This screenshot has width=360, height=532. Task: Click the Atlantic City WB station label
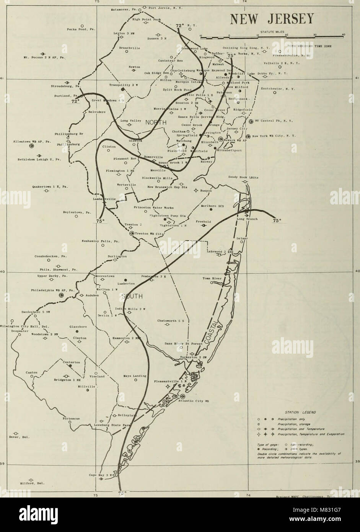point(194,401)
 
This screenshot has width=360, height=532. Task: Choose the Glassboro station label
point(77,326)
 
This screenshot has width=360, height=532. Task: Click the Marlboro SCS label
point(212,206)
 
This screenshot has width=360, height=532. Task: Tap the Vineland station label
point(97,376)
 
